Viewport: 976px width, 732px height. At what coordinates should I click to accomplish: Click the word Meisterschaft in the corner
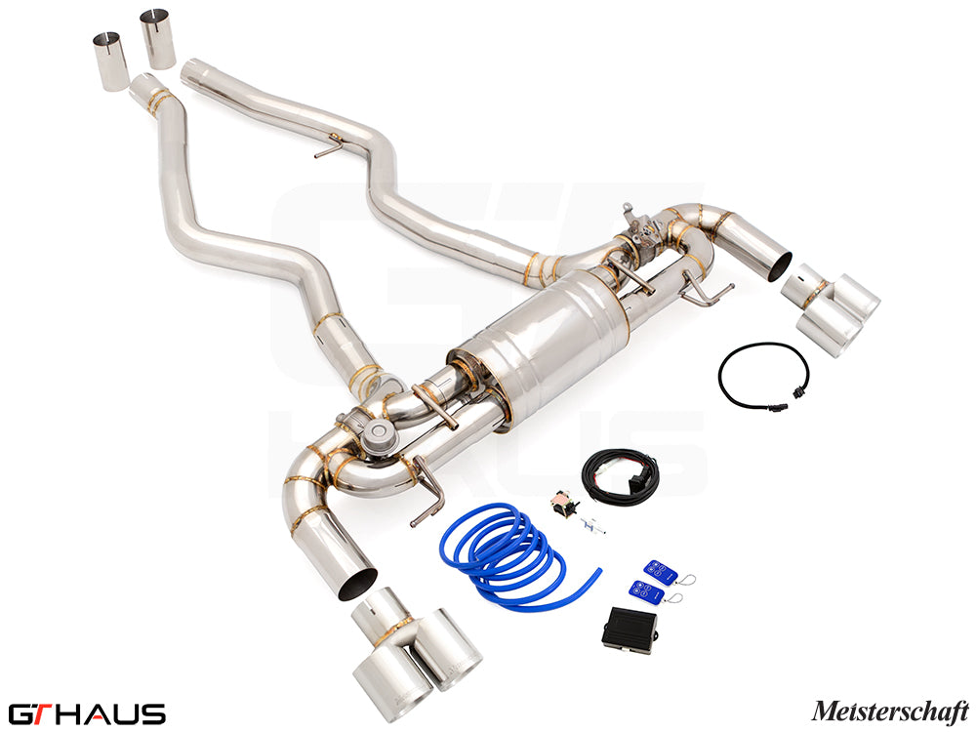point(890,711)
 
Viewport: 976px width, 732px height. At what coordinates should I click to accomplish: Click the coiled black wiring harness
point(620,477)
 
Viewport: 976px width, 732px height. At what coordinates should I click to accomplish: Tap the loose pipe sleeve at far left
point(110,61)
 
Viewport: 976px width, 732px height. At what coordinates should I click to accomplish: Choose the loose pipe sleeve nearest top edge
point(157,38)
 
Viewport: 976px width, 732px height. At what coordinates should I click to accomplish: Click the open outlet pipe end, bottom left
point(355,583)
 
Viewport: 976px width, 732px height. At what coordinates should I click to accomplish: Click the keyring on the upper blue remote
point(686,580)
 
